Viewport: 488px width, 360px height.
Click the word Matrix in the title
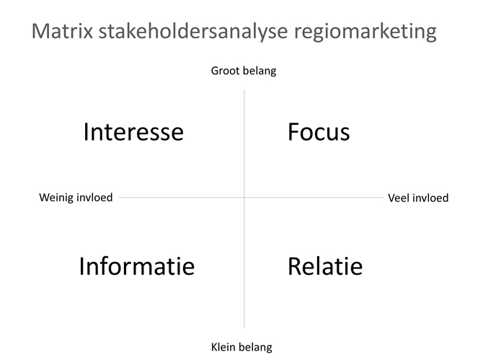62,31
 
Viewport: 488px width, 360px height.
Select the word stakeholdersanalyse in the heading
193,31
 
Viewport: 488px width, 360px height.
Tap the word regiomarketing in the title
365,32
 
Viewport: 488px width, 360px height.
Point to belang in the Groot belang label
259,71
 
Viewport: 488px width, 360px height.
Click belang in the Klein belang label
256,347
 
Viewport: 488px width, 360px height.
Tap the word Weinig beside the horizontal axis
56,198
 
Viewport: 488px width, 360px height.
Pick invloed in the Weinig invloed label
94,198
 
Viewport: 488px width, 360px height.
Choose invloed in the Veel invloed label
430,198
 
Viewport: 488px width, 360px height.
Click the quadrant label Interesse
133,132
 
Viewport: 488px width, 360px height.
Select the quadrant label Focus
319,132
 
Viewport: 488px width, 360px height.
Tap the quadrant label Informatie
137,266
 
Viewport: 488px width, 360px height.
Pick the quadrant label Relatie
325,266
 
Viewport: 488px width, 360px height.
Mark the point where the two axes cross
244,197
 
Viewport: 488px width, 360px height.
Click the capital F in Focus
294,132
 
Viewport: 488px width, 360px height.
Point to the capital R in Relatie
295,266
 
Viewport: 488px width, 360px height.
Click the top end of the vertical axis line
244,90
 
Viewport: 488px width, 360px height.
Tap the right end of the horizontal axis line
383,197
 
